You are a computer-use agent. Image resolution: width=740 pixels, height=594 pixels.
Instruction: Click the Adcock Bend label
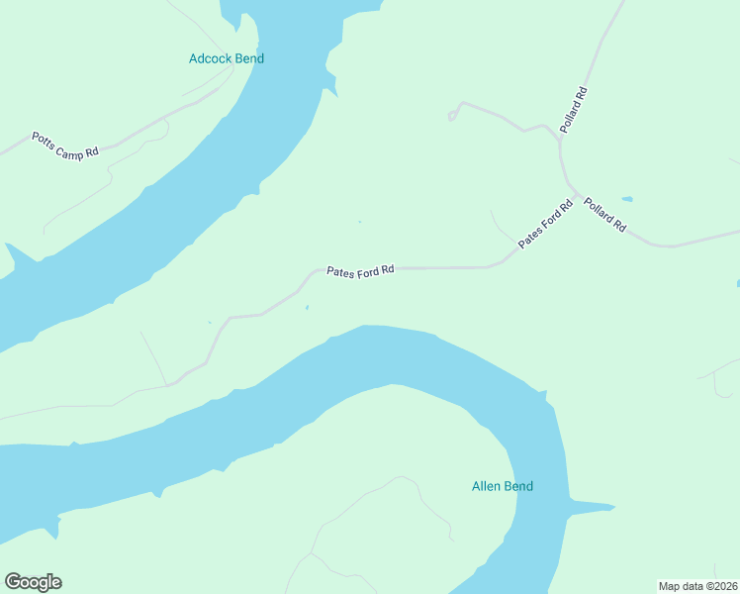[227, 58]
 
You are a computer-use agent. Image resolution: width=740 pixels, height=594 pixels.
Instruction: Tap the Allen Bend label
[502, 486]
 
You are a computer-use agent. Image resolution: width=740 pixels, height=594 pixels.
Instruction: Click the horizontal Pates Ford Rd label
[361, 269]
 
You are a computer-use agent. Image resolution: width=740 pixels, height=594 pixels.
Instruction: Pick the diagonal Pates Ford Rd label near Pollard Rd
[546, 226]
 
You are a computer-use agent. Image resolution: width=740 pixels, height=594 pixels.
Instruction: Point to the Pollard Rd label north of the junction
[574, 111]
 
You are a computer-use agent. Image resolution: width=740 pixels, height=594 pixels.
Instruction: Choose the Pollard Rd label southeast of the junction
[604, 215]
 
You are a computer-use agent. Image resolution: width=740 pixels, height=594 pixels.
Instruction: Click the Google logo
[33, 582]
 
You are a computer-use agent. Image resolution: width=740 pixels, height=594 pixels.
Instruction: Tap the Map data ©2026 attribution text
[698, 586]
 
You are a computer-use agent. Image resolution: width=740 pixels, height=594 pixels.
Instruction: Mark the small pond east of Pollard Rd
[626, 198]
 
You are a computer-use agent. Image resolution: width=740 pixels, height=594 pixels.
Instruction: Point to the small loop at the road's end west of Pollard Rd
[452, 116]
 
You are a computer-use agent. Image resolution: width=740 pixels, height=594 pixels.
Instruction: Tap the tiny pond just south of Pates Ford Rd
[307, 308]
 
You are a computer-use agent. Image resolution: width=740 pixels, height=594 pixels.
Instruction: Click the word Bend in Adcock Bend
[249, 58]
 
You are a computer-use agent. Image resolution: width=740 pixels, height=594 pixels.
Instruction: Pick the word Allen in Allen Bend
[486, 486]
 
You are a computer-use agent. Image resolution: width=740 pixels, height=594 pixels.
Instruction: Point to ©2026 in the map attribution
[720, 586]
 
